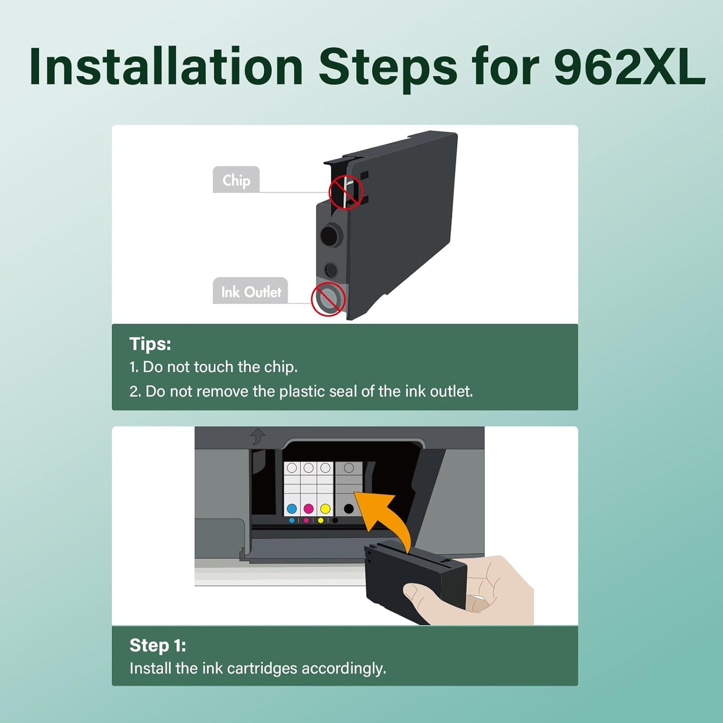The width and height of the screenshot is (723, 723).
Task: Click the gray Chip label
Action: click(x=236, y=180)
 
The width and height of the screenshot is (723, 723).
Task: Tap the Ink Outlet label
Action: click(x=251, y=292)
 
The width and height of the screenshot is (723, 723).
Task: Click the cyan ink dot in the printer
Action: click(x=292, y=509)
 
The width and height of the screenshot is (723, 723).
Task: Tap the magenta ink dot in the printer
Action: click(x=309, y=509)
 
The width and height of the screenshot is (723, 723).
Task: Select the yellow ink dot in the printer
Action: click(x=325, y=509)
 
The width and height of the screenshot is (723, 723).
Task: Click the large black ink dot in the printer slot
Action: click(x=349, y=509)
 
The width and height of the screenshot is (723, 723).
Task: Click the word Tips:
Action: click(x=150, y=344)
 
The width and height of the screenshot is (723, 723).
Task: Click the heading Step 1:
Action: click(x=158, y=645)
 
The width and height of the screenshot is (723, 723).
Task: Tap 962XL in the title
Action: click(x=629, y=67)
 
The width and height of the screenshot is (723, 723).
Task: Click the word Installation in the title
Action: click(x=166, y=67)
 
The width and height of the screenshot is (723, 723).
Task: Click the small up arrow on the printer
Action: click(x=258, y=436)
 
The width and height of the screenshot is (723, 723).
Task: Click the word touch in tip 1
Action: click(x=214, y=367)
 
